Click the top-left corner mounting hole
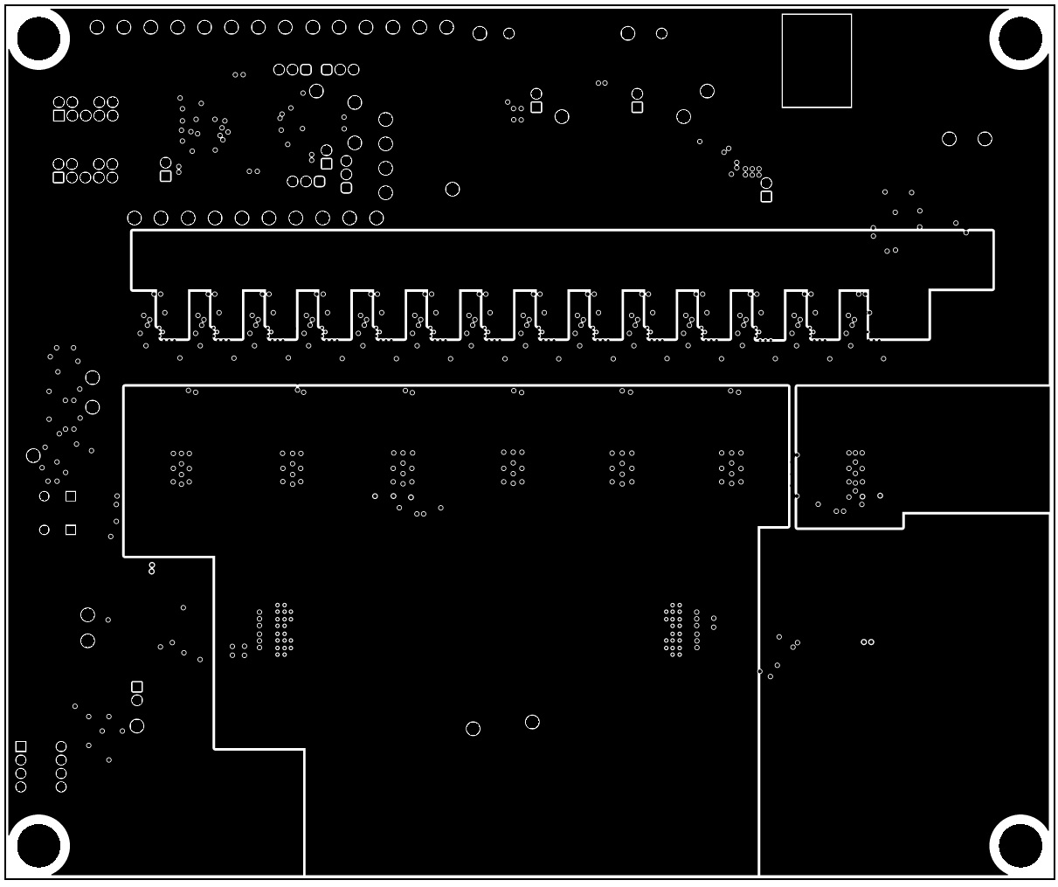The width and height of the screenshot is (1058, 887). (38, 38)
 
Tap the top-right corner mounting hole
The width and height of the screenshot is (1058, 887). (1020, 38)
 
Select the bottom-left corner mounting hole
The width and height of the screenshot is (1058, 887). (38, 846)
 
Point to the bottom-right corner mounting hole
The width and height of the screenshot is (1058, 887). (1020, 846)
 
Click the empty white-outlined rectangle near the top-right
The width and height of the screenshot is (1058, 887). (816, 60)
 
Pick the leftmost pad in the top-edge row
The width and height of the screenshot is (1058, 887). (97, 27)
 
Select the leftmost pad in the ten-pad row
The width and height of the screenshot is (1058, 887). (135, 218)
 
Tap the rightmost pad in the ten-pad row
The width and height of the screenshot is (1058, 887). (377, 218)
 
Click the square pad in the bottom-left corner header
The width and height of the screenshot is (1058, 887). (21, 746)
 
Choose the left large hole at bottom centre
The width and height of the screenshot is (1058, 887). (473, 729)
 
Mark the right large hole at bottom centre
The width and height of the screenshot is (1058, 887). (532, 722)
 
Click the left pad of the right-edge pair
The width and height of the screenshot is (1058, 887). (949, 139)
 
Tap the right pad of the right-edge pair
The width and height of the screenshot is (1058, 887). (985, 139)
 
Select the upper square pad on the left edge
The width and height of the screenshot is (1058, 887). (71, 496)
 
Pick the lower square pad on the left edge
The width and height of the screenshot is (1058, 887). (71, 530)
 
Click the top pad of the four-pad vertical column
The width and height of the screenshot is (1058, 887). (385, 119)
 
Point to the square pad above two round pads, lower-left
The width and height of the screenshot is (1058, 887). (137, 687)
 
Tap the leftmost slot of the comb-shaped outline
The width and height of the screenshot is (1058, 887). (173, 314)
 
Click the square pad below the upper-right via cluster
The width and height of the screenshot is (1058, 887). (766, 197)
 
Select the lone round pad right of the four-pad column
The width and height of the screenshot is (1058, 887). (453, 189)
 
